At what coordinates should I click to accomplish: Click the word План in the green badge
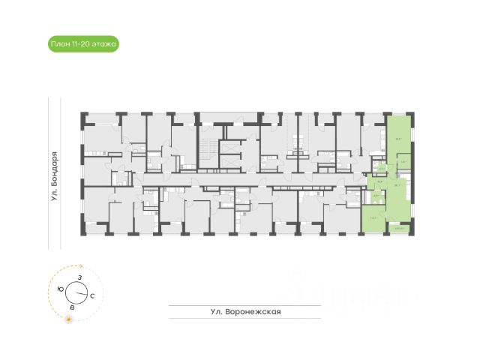tap(58, 44)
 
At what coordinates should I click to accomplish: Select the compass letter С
tap(91, 296)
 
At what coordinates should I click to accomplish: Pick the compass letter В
tap(71, 308)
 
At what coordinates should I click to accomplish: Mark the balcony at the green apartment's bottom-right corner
tap(400, 229)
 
